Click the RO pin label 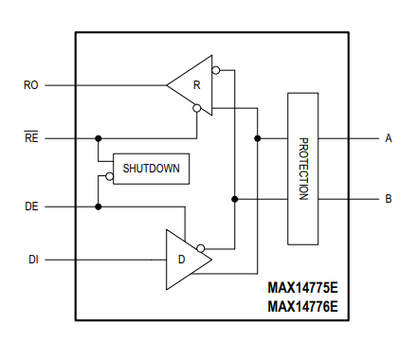tap(30, 85)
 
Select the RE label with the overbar tap(30, 137)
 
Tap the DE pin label tap(30, 206)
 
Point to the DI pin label tap(30, 258)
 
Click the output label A tap(389, 138)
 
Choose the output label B tap(389, 199)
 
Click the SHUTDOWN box tap(151, 169)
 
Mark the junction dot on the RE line tap(98, 138)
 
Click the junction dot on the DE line tap(98, 206)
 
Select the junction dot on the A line tap(258, 138)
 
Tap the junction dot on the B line tap(234, 199)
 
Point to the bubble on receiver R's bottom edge tap(196, 108)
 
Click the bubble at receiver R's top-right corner tap(216, 70)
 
